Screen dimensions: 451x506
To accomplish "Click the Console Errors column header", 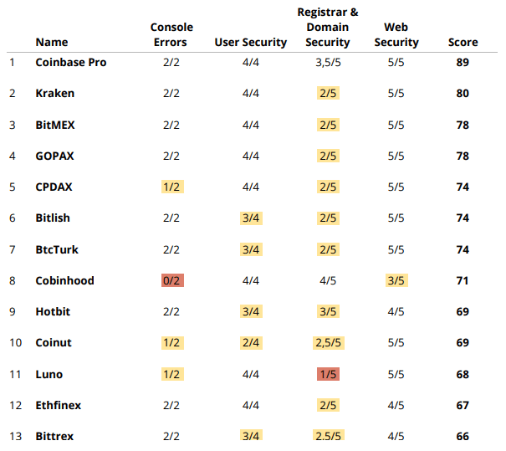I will pos(171,35).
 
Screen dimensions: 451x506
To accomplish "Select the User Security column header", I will pos(250,43).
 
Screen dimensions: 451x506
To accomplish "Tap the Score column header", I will pos(463,43).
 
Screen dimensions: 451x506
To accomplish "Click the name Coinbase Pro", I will pos(71,62).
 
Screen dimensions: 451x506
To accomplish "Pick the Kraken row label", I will pos(55,93).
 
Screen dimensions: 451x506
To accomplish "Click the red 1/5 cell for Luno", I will pos(328,374).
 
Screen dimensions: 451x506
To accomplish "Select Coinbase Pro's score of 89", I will pos(463,62).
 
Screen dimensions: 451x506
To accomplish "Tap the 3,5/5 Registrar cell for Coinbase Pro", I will pos(328,62).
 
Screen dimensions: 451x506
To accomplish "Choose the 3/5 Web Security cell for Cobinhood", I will pos(396,280).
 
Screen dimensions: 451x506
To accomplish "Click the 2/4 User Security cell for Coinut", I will pos(250,343).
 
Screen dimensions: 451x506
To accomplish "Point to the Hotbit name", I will pos(53,311).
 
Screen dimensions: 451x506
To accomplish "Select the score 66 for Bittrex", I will pos(463,436).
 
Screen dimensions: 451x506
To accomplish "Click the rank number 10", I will pos(13,343).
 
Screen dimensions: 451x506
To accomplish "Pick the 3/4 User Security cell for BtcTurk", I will pos(250,249).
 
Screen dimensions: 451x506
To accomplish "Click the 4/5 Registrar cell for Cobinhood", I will pos(328,280).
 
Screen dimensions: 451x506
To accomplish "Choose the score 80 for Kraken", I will pos(463,93).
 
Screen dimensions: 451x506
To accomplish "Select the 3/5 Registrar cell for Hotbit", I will pos(328,311).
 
